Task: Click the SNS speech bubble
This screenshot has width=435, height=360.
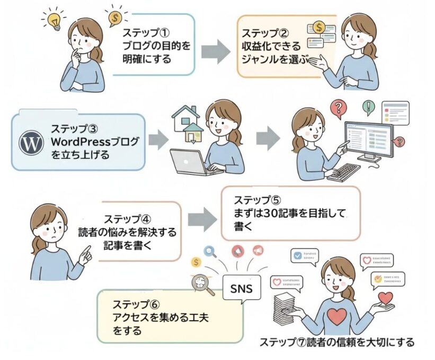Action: click(x=242, y=289)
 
